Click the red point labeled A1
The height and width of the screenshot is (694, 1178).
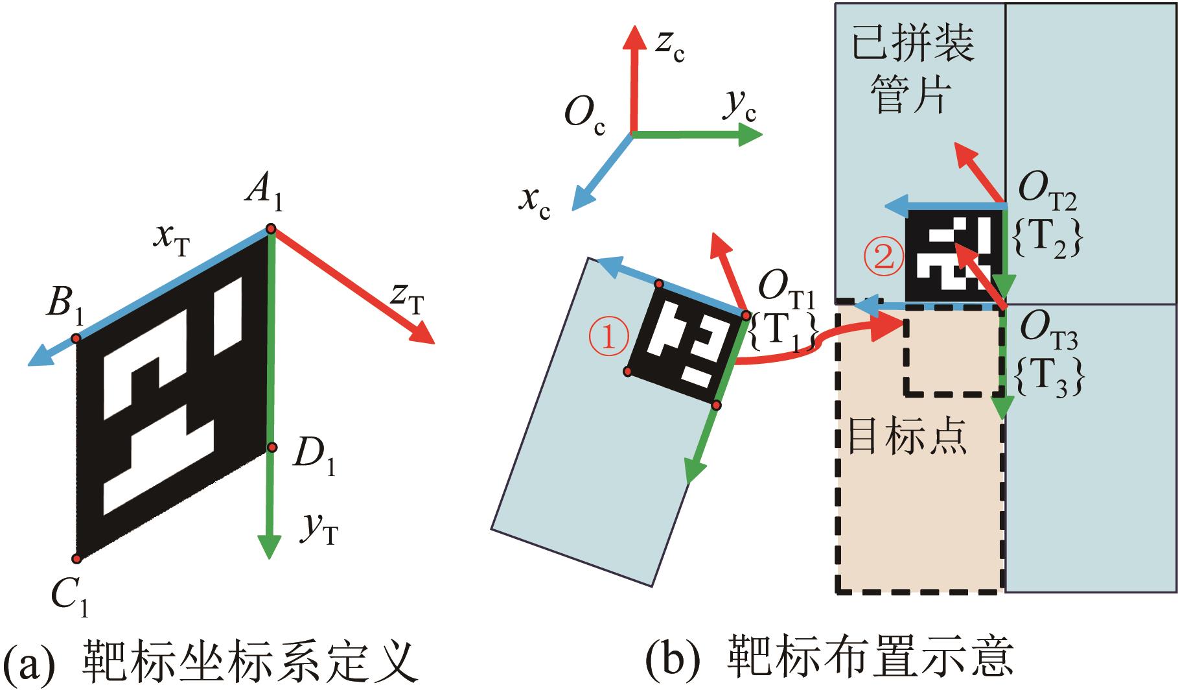point(271,228)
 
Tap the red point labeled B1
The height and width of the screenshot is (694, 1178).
point(76,339)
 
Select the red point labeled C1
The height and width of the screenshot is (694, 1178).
point(76,558)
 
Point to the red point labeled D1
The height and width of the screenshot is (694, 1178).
point(272,447)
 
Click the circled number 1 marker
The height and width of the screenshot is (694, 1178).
point(608,337)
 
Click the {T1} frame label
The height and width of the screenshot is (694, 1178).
point(781,333)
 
